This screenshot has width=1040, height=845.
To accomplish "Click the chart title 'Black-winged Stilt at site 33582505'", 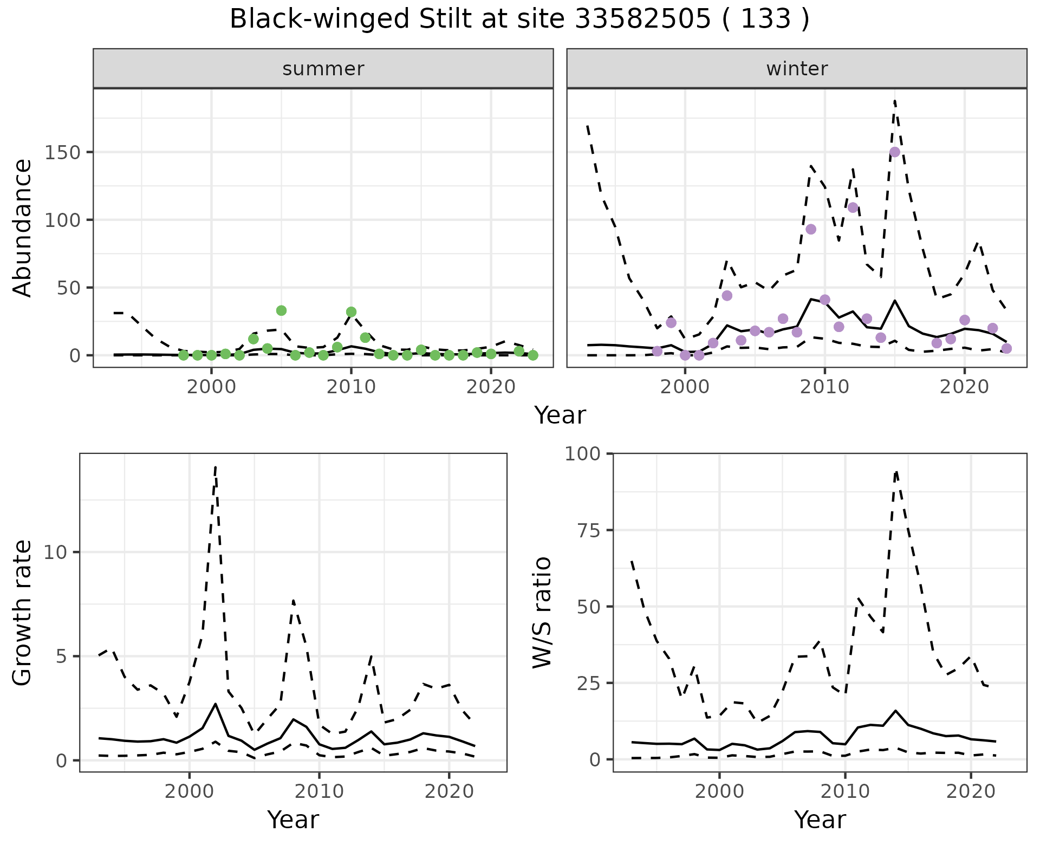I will pos(519,19).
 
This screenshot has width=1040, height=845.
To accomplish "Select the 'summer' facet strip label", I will pos(323,69).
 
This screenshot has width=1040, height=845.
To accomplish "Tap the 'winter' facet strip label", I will pos(797,69).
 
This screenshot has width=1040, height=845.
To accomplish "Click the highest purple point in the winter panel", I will pos(895,152).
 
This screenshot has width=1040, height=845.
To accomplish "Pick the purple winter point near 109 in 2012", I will pos(853,207).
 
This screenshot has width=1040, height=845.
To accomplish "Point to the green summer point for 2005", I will pos(281,310).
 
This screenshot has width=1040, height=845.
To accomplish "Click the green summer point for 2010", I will pos(351,311).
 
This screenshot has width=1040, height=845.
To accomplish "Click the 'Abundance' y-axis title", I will pos(23,227).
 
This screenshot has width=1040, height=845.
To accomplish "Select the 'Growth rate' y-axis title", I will pos(23,612).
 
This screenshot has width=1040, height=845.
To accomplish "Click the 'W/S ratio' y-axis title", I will pos(542,612).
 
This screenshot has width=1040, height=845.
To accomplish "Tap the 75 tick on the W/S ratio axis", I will pos(588,530).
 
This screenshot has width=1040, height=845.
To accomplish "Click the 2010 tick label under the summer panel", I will pos(351,387).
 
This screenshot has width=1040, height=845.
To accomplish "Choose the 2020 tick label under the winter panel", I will pos(964,387).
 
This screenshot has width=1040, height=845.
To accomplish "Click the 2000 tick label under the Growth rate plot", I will pos(189,791).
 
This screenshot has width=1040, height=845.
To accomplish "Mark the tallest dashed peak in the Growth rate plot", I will pos(216,466).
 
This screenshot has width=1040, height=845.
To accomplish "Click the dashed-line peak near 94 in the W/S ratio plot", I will pos(896,471).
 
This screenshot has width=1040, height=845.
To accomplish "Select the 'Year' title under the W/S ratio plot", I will pos(820,820).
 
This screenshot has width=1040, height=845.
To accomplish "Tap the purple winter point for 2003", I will pos(727,295).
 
